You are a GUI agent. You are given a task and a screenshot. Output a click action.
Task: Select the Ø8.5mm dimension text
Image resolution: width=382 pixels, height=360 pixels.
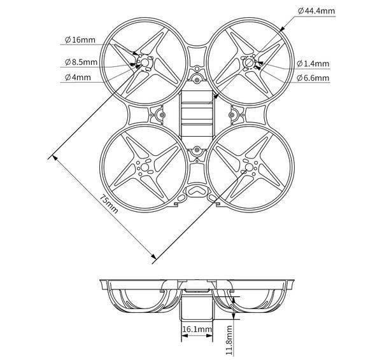(81, 62)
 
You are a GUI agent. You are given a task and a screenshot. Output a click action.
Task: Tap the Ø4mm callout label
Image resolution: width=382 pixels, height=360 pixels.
(78, 78)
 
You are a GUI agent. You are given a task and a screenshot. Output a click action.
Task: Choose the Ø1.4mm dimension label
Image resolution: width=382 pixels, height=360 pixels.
(313, 63)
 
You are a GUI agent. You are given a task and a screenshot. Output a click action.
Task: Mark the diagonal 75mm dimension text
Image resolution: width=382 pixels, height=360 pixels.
(110, 205)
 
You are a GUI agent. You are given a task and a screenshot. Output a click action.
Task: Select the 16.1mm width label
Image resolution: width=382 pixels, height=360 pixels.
(197, 329)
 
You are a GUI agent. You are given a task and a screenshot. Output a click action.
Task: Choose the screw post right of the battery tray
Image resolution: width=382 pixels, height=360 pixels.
(233, 116)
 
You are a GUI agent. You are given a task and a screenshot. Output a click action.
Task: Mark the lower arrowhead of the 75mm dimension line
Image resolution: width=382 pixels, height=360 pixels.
(153, 258)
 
